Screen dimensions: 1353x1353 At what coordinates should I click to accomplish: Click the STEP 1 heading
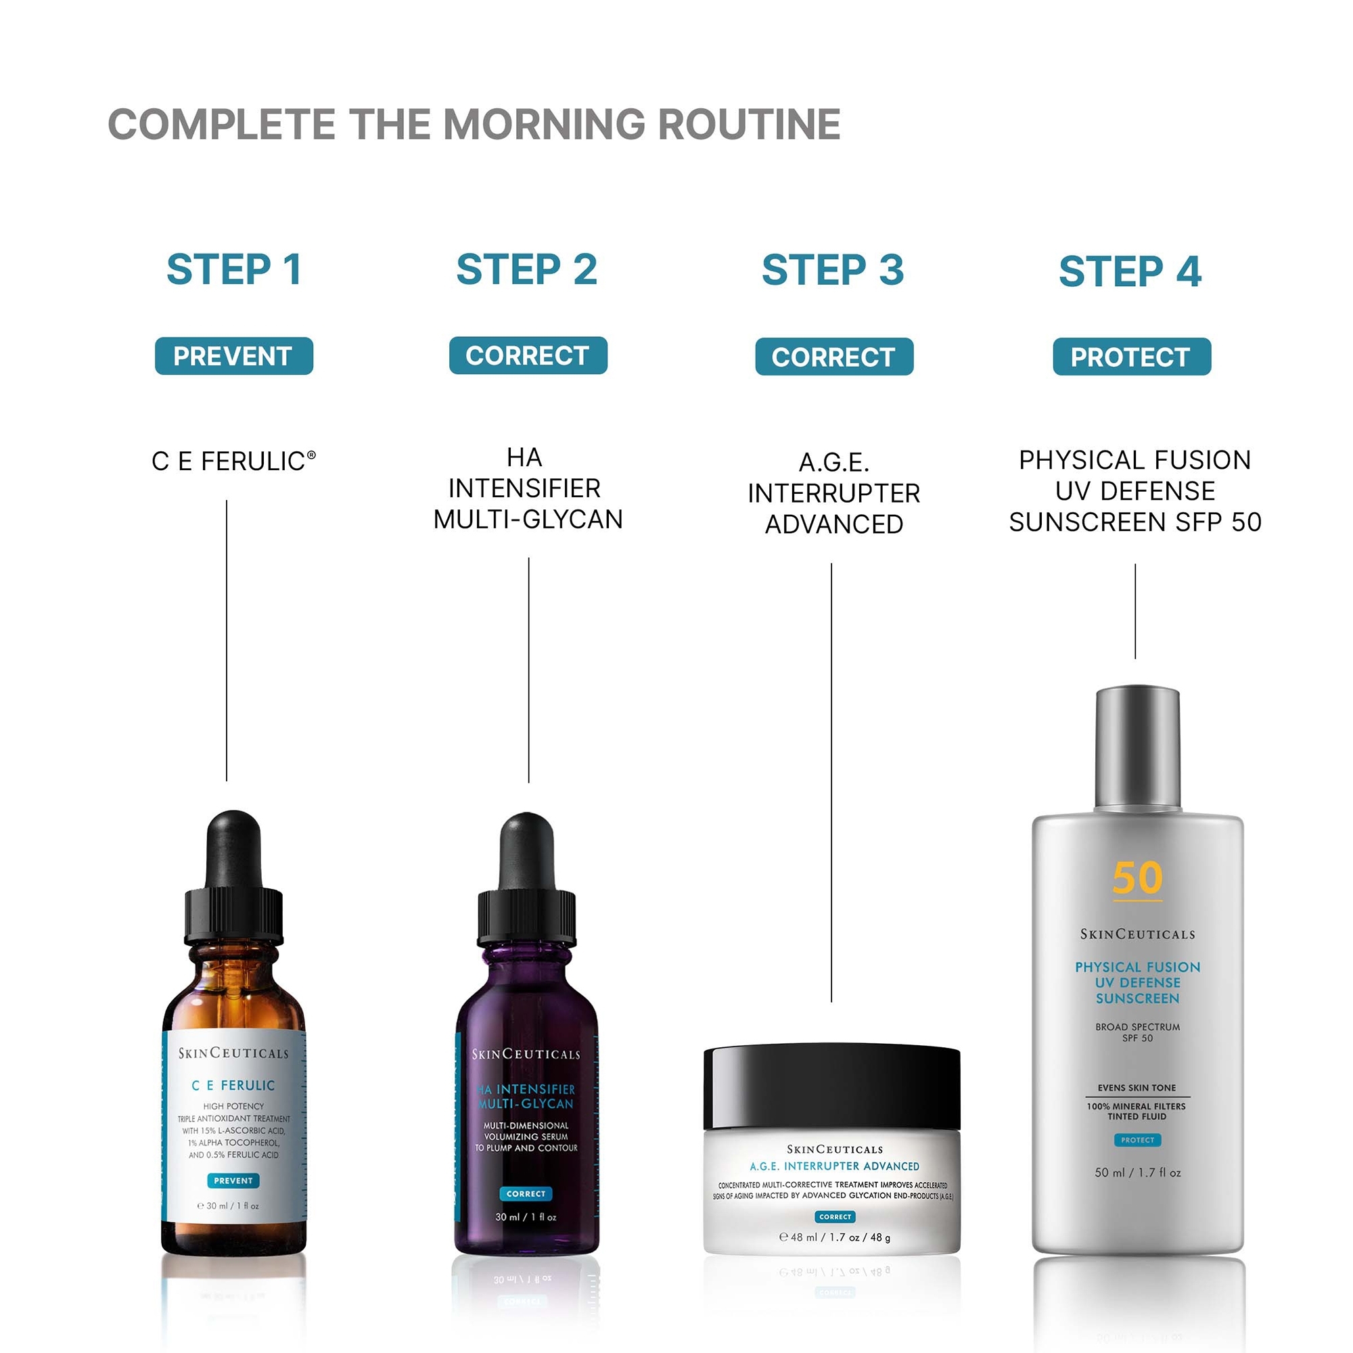point(234,270)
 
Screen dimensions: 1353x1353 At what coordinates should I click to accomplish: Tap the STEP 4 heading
point(1130,271)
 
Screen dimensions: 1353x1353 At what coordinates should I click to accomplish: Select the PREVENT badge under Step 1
point(233,356)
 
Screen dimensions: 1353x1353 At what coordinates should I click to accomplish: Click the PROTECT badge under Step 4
point(1131,357)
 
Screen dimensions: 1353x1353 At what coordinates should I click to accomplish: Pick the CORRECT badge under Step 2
point(528,355)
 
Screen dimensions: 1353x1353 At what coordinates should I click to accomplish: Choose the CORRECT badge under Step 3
point(833,357)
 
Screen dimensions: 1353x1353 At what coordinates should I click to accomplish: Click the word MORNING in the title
point(544,124)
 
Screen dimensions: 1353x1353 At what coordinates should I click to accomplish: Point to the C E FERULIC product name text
point(233,461)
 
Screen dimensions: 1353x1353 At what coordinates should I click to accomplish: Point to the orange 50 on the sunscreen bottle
point(1137,878)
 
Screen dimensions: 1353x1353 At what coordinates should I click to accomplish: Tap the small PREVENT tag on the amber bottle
point(233,1180)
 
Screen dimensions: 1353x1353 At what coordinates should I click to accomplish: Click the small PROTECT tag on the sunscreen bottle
point(1137,1140)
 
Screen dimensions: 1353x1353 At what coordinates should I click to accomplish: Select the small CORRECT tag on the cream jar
point(835,1216)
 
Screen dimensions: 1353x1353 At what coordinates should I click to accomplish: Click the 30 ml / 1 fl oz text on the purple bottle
point(526,1216)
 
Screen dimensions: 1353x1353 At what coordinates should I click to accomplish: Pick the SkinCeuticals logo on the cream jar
point(835,1149)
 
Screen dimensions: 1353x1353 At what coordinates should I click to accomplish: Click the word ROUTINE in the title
point(749,124)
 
